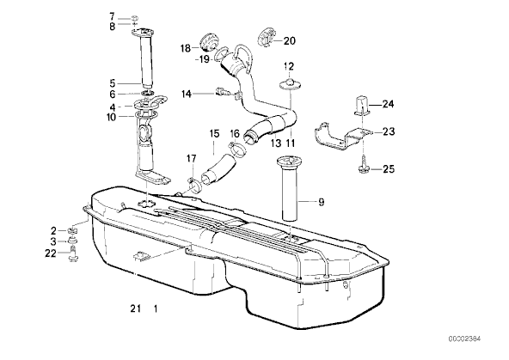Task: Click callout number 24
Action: point(388,104)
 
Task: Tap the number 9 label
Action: point(321,202)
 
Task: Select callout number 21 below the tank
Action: point(135,308)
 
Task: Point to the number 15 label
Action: point(215,134)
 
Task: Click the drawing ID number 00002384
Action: point(464,339)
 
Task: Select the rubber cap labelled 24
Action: point(362,106)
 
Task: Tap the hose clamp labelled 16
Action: point(237,148)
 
